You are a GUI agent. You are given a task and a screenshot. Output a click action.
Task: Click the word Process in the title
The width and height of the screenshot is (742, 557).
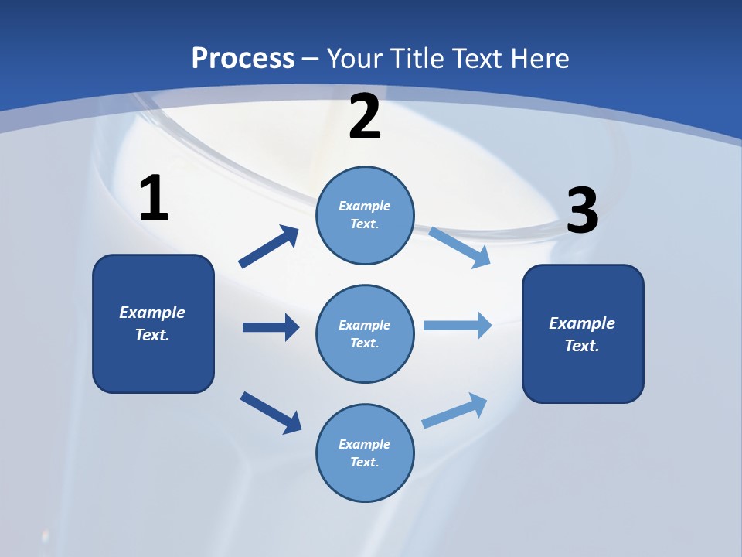pos(243,59)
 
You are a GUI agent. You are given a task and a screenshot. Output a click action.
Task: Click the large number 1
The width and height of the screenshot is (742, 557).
pos(155,197)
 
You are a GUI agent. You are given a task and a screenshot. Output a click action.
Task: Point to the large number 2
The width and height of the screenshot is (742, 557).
pos(365,117)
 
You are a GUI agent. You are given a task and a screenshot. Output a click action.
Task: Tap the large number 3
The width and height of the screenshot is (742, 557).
pos(583,210)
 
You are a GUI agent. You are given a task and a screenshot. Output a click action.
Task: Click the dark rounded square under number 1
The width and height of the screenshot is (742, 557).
pos(153,324)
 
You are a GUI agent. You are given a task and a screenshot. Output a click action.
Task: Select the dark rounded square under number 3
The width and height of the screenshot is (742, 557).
pos(583,334)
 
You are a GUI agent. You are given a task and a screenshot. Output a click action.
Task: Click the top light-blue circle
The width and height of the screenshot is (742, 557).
pos(365,216)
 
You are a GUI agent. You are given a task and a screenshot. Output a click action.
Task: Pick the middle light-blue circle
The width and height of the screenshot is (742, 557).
pos(365,334)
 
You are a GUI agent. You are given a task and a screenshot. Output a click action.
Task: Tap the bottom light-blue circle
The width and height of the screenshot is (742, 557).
pos(365,453)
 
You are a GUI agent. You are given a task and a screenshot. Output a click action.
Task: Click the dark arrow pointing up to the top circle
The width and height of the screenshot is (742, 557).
pos(268,247)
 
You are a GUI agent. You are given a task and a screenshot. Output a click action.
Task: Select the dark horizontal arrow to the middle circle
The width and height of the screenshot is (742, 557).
pos(271,327)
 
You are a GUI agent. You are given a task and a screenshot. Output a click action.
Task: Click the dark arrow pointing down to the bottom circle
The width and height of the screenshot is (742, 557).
pos(271,413)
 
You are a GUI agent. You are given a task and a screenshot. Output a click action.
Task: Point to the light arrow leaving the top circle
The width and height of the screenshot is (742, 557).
pos(459,248)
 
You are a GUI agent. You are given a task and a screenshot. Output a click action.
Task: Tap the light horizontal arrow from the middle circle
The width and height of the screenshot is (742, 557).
pos(458,326)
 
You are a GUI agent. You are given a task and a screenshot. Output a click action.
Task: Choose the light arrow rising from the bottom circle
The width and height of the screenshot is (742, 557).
pos(454,411)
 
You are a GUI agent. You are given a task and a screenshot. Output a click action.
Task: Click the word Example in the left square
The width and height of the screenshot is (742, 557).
pos(152,313)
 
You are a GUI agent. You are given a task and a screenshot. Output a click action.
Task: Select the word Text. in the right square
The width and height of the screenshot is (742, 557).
pos(582,346)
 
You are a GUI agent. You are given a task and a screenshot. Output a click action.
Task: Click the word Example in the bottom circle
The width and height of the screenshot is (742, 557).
pos(364,444)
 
